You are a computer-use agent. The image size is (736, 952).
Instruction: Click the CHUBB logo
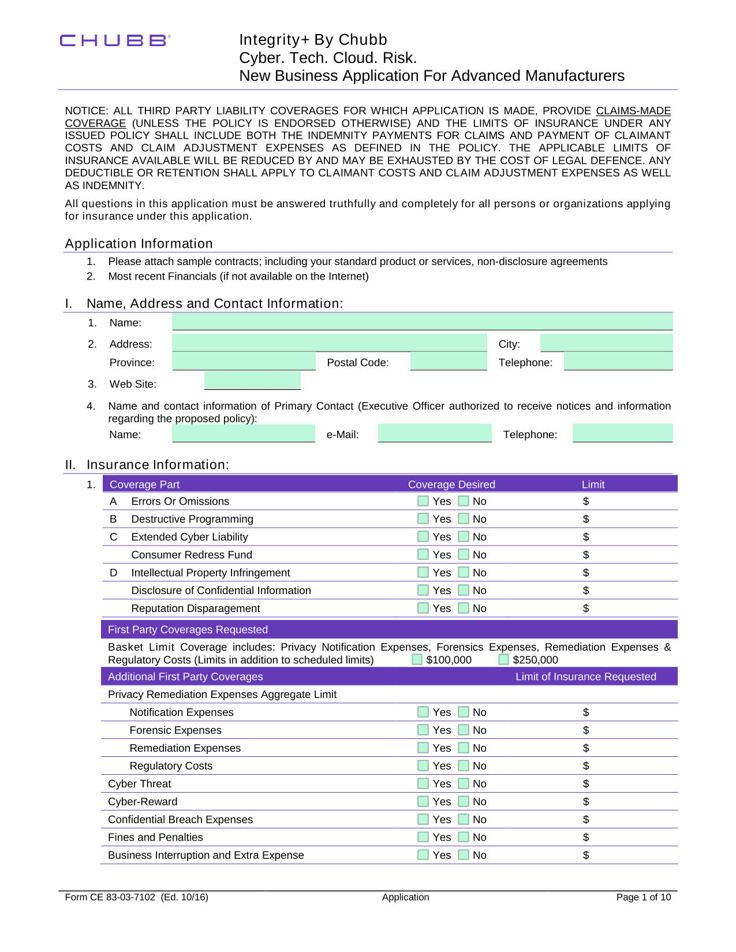click(114, 40)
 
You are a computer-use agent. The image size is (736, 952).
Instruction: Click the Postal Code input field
click(449, 362)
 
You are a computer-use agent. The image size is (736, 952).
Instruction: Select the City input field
click(606, 343)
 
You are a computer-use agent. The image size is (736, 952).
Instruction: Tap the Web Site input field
click(252, 381)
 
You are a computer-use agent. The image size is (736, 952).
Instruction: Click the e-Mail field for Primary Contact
click(435, 434)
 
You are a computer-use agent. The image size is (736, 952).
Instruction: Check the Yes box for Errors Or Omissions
click(423, 501)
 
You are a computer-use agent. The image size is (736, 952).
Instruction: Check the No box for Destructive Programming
click(464, 519)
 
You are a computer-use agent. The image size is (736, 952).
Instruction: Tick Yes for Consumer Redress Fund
click(423, 555)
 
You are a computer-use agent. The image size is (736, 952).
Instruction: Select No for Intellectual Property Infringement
click(464, 573)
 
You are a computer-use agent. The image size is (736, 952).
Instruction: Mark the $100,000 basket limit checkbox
click(417, 659)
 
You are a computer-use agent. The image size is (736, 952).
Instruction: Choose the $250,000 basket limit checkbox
click(503, 659)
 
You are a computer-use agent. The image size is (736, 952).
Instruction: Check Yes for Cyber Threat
click(423, 783)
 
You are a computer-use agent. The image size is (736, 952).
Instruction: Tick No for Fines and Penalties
click(464, 837)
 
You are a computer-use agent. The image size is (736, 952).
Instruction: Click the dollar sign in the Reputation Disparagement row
click(586, 608)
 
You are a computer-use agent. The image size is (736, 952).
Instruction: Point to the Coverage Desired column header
click(451, 484)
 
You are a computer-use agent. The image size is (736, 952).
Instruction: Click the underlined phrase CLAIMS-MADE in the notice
click(633, 111)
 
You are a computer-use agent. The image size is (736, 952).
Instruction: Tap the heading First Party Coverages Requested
click(188, 630)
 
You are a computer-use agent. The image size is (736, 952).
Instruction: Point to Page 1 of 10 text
click(643, 897)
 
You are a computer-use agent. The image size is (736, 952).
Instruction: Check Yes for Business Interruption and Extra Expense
click(423, 855)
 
